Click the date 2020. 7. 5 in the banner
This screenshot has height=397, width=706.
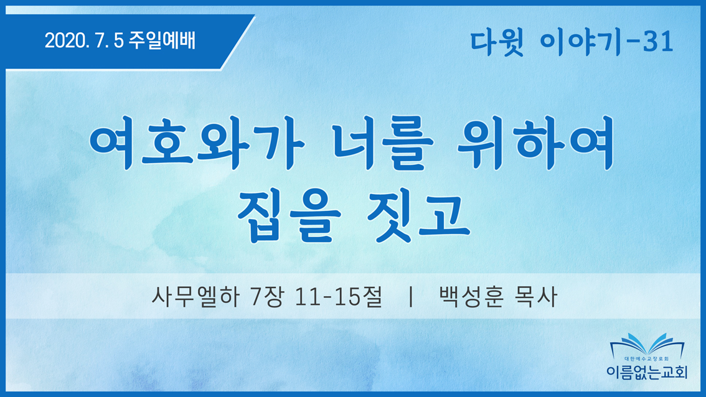click(84, 40)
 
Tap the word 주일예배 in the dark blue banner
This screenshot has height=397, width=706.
click(162, 40)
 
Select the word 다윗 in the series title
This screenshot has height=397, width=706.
click(497, 42)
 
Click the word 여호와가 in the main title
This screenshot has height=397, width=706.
click(197, 142)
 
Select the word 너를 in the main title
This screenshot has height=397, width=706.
click(383, 142)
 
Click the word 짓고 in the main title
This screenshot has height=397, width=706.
click(419, 216)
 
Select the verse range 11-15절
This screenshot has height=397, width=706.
click(339, 297)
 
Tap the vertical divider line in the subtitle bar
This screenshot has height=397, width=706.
click(411, 297)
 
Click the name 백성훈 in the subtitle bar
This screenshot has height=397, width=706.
click(471, 297)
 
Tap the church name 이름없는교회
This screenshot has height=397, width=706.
click(647, 372)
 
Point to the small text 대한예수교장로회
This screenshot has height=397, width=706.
click(647, 359)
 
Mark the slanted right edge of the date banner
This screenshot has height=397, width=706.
click(238, 42)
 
